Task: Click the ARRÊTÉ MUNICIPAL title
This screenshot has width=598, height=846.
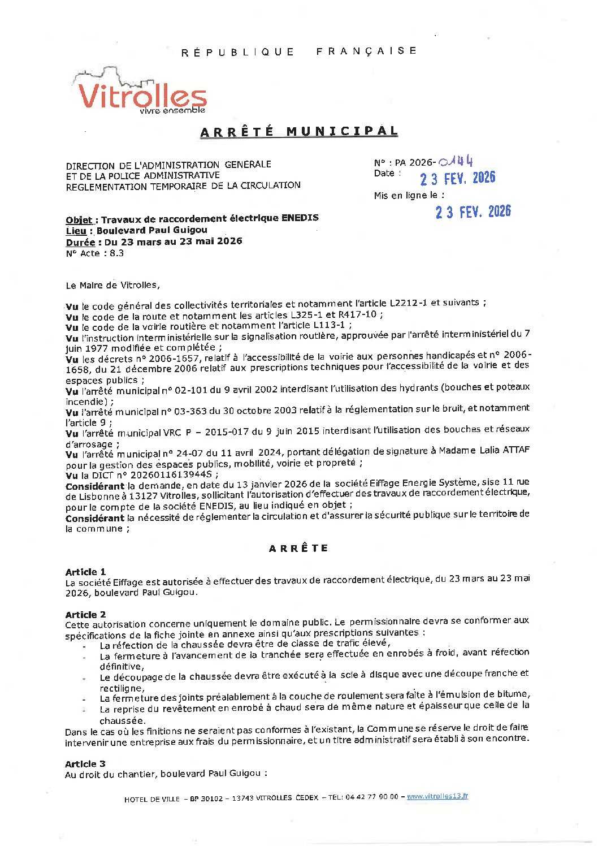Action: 299,132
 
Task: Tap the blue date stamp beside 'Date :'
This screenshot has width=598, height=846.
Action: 457,179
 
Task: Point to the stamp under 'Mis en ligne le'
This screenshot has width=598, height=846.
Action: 473,212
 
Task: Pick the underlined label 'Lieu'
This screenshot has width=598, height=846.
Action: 76,231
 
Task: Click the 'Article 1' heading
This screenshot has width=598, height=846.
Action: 85,572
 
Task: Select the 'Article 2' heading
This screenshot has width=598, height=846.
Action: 85,615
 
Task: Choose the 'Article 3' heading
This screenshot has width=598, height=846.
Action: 85,764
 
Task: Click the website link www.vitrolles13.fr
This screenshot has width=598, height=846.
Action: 437,796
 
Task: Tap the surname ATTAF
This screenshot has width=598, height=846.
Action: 515,450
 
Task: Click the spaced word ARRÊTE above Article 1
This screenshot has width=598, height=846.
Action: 298,549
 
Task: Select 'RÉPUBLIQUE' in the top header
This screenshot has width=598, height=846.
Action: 238,52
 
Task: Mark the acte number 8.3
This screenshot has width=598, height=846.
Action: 116,253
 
